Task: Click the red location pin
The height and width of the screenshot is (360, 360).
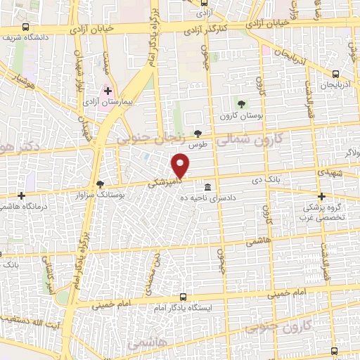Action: [x=181, y=166]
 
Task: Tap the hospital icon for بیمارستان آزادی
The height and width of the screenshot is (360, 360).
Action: [x=108, y=91]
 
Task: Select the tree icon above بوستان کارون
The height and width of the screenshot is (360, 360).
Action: [x=241, y=104]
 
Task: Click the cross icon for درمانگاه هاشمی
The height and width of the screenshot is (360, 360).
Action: [x=22, y=195]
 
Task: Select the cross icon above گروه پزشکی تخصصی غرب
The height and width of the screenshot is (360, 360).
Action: [x=321, y=196]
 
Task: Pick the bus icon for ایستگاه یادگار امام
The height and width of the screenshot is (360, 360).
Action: [x=184, y=297]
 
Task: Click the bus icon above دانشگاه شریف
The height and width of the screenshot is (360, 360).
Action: [x=26, y=27]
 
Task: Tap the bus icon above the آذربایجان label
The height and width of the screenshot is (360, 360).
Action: [x=336, y=74]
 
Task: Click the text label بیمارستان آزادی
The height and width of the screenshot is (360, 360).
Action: [x=108, y=103]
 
